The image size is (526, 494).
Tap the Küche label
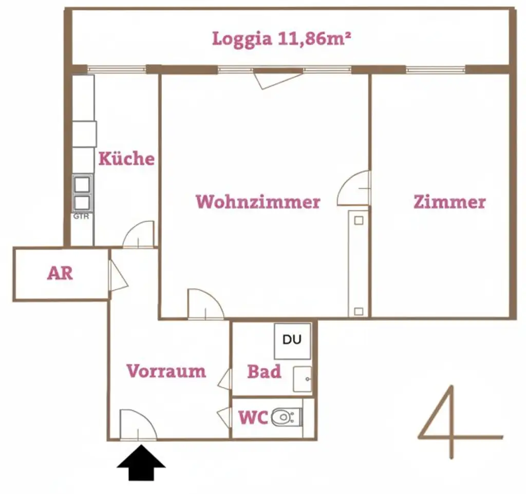tap(126, 158)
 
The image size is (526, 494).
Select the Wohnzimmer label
tap(258, 201)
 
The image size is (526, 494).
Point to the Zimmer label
tap(449, 202)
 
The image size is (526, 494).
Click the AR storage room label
tap(60, 273)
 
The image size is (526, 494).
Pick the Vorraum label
tap(166, 371)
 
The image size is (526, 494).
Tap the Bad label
tap(264, 371)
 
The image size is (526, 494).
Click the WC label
tap(253, 418)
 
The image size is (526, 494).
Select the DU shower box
tap(292, 340)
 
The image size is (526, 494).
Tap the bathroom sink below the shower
tap(303, 379)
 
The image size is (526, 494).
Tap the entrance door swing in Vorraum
tap(136, 426)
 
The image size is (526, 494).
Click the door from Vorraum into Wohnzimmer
tap(204, 305)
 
